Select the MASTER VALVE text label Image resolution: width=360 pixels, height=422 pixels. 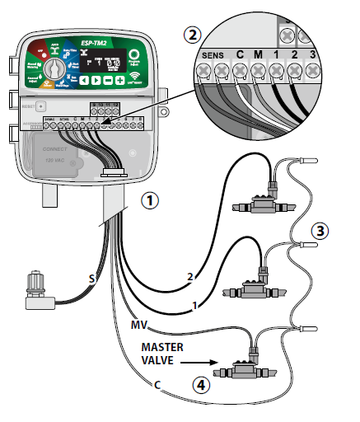click(162, 351)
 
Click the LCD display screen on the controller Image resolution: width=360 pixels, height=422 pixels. click(105, 62)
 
